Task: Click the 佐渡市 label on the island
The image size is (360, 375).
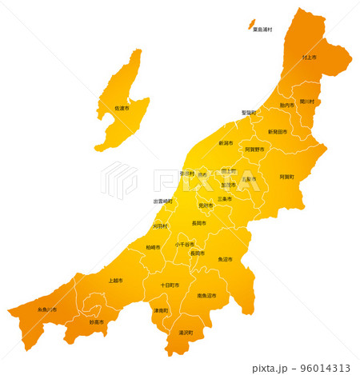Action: tap(122, 108)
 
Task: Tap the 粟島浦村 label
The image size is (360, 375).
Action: tap(262, 30)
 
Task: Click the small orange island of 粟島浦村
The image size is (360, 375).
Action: tap(250, 24)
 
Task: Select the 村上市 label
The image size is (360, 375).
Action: tap(310, 58)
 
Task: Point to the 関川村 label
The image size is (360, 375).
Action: tap(309, 102)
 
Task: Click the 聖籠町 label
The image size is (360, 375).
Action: tap(249, 113)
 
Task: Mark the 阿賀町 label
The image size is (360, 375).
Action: tap(286, 176)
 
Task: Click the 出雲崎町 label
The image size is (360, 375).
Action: tap(162, 201)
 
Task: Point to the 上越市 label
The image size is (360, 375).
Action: tap(115, 281)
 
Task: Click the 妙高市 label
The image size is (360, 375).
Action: tap(97, 322)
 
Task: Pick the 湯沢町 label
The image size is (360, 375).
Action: tap(186, 332)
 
